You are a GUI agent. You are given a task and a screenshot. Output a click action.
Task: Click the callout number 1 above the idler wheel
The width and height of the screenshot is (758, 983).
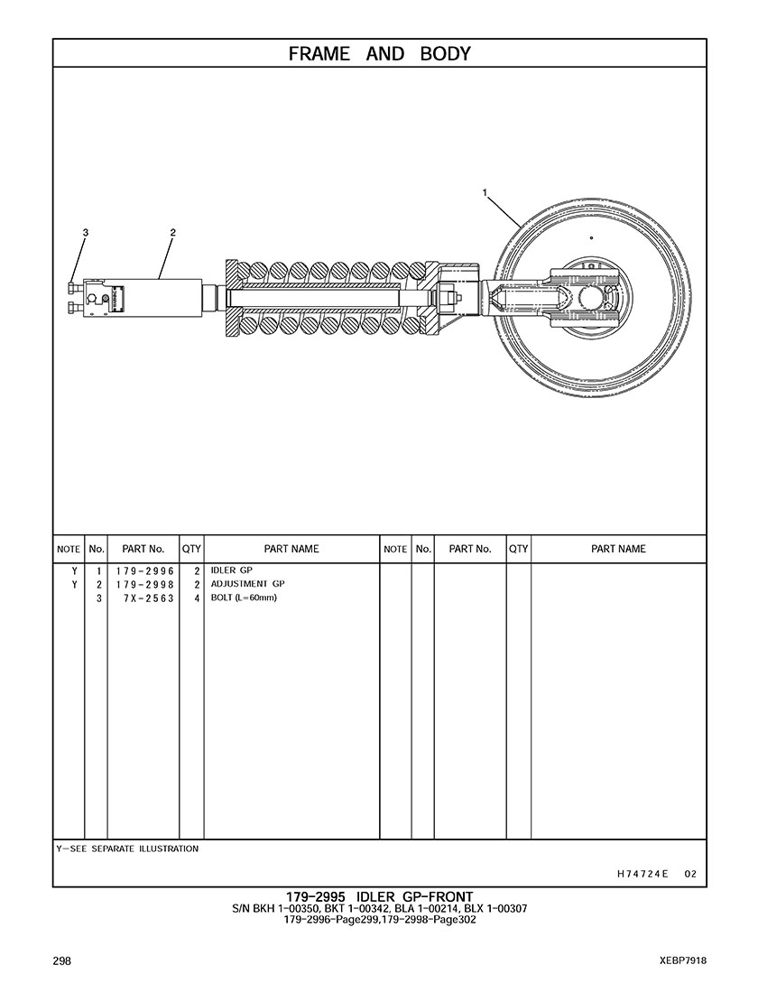coord(485,192)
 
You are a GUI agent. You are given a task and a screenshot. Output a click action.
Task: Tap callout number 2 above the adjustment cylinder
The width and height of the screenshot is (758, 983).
coord(173,232)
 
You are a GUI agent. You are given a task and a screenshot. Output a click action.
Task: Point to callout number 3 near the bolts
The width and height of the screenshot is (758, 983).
coord(86,232)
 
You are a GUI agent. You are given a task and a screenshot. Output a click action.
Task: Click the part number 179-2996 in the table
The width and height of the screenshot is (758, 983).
coord(144,571)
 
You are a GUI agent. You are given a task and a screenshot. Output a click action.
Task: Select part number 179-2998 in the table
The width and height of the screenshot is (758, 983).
coord(144,584)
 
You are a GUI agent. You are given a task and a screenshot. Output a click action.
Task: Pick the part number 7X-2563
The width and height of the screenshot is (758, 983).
coord(149,598)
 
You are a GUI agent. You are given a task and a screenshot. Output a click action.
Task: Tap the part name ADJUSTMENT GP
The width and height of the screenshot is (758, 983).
coord(247,584)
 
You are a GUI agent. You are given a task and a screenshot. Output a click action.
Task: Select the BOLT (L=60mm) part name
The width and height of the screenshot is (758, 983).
coord(244,598)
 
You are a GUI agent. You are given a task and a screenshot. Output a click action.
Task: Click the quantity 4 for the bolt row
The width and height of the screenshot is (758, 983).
coord(197,598)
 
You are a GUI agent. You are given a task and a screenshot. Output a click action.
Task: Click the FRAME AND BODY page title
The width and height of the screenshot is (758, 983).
coord(379,54)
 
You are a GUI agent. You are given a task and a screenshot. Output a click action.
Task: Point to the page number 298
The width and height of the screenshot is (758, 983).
coord(62,960)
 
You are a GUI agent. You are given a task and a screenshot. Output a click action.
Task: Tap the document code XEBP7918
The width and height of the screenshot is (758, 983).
coord(683,960)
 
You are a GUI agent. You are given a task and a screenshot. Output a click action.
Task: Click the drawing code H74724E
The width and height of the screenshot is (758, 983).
coord(642,874)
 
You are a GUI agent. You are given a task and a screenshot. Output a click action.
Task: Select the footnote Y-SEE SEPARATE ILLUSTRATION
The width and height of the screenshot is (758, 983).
coord(127,849)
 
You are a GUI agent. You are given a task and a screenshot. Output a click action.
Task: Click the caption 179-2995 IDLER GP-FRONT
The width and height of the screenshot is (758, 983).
coord(379,897)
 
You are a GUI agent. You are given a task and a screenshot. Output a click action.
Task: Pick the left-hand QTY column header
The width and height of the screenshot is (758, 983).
coord(191,549)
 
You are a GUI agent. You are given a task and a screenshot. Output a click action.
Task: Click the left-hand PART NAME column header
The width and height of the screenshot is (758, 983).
coord(291,549)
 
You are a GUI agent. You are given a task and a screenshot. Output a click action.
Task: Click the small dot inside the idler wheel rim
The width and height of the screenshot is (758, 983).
coord(591,237)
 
